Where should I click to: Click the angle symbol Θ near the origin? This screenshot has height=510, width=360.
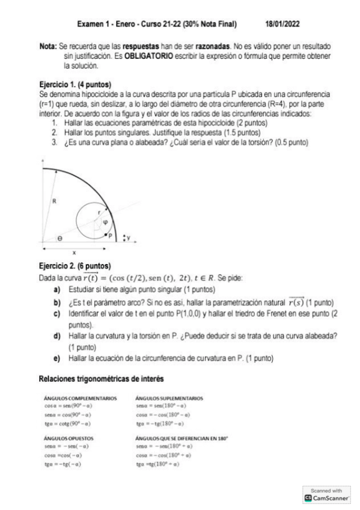[59, 238]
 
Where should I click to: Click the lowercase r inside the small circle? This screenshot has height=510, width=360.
[99, 212]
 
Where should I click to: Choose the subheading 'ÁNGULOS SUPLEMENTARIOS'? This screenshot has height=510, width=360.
[170, 398]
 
